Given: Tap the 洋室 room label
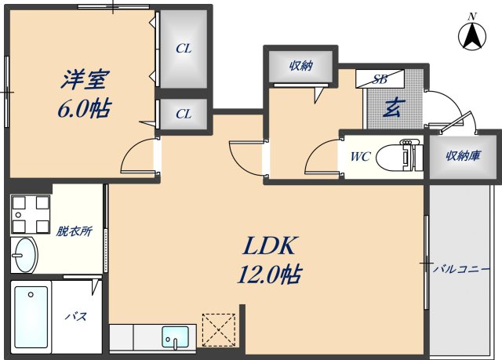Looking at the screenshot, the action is pyautogui.click(x=85, y=79).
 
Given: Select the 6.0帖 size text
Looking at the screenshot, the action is pyautogui.click(x=85, y=108).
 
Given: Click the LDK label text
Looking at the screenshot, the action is pyautogui.click(x=269, y=245).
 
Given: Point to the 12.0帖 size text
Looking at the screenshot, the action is pyautogui.click(x=268, y=275).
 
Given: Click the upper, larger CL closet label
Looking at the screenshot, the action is pyautogui.click(x=184, y=49).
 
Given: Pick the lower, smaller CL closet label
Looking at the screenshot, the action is pyautogui.click(x=184, y=114).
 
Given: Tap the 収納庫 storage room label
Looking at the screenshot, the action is pyautogui.click(x=464, y=156).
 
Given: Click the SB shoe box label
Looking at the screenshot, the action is pyautogui.click(x=380, y=78).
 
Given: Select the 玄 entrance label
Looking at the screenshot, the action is pyautogui.click(x=394, y=107).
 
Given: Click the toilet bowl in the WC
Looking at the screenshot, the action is pyautogui.click(x=399, y=157).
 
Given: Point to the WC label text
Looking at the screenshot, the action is pyautogui.click(x=361, y=157).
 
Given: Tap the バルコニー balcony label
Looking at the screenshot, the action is pyautogui.click(x=461, y=269).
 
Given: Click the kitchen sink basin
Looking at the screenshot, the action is pyautogui.click(x=175, y=337).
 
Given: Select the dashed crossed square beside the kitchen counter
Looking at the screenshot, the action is pyautogui.click(x=219, y=330).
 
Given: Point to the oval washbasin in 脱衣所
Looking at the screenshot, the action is pyautogui.click(x=25, y=255).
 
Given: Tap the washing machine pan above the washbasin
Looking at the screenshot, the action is pyautogui.click(x=31, y=214).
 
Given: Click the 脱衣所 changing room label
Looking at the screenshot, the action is pyautogui.click(x=75, y=231).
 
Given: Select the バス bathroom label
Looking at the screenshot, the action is pyautogui.click(x=76, y=317).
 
